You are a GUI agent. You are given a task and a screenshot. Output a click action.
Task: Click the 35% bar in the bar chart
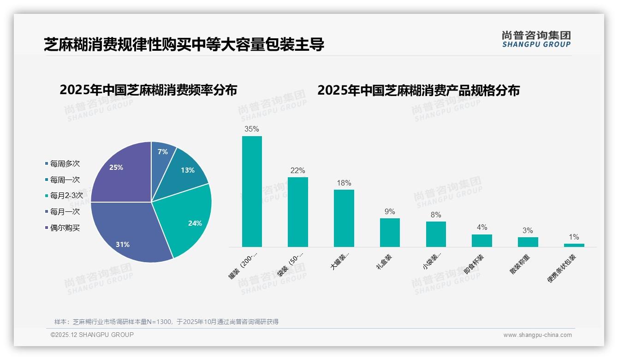tap(252, 192)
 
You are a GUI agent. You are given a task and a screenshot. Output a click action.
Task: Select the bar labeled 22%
tap(297, 212)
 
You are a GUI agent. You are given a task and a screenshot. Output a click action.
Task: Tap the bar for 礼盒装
tap(390, 233)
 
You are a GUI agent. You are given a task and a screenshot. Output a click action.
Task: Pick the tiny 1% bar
tap(574, 245)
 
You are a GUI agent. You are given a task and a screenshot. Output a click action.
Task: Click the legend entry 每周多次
tap(65, 164)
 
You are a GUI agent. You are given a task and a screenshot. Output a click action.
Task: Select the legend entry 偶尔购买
tap(65, 228)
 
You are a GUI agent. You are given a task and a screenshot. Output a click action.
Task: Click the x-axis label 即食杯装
tap(475, 264)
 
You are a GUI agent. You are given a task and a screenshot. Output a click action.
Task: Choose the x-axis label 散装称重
tap(520, 264)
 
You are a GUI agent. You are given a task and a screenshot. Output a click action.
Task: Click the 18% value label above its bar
tap(344, 183)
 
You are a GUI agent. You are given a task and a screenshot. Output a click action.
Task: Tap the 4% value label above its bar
tap(481, 228)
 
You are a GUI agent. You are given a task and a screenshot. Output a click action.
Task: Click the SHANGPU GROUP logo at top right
tap(536, 39)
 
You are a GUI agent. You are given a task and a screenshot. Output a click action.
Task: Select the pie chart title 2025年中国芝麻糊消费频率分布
tap(148, 90)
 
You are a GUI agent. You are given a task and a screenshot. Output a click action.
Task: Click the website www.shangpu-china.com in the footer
tap(537, 335)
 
